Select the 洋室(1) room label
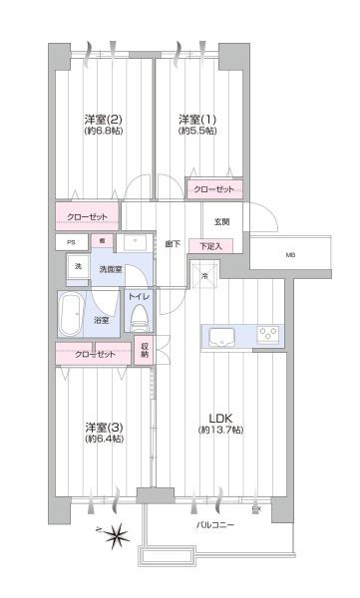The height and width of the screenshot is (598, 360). pyautogui.click(x=196, y=118)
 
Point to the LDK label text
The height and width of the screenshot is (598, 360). pyautogui.click(x=219, y=417)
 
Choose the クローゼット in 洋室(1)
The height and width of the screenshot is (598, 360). pyautogui.click(x=213, y=188)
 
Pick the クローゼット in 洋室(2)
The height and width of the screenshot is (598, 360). pyautogui.click(x=87, y=216)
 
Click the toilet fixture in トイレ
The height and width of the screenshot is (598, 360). pyautogui.click(x=140, y=318)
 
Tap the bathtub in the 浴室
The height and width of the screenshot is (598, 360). pyautogui.click(x=73, y=317)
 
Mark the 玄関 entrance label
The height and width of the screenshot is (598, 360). pyautogui.click(x=220, y=221)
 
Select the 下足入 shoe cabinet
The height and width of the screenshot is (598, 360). pyautogui.click(x=210, y=245)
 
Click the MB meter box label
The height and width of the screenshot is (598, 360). pyautogui.click(x=291, y=255)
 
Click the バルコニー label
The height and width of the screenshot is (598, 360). pyautogui.click(x=214, y=522)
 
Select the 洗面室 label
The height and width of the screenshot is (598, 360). pyautogui.click(x=109, y=269)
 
